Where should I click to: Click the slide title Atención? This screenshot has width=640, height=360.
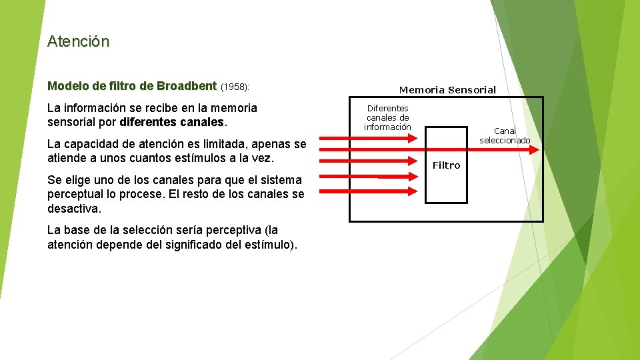click(x=78, y=41)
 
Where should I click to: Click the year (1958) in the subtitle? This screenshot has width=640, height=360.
click(x=235, y=87)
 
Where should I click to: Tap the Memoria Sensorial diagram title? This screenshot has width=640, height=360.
click(x=447, y=89)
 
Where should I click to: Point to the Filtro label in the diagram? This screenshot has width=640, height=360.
click(x=446, y=165)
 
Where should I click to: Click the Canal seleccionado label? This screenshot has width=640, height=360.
click(x=505, y=135)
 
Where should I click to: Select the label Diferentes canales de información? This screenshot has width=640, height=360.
click(x=387, y=117)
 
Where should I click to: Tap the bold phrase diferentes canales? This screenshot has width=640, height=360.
click(x=173, y=123)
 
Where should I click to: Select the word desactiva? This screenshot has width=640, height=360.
click(x=75, y=208)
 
